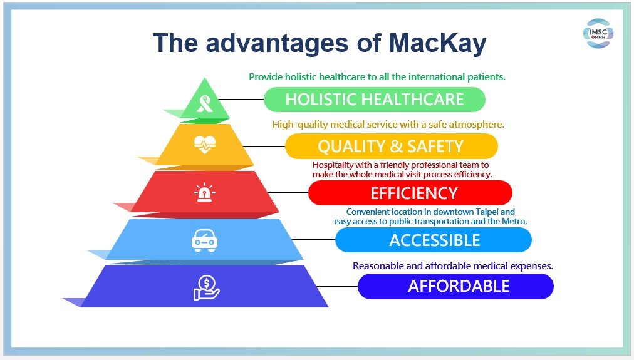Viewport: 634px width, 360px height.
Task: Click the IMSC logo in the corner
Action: coord(598,33)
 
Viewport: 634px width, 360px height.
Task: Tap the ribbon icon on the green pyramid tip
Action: coord(205,104)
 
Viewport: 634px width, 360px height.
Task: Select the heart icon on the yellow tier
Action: coord(205,145)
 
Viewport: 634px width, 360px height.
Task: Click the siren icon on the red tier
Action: coord(205,192)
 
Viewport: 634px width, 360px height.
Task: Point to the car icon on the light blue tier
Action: coord(204,240)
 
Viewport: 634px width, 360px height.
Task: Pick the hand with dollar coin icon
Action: coord(206,287)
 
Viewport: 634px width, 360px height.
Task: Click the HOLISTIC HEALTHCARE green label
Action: coord(375,100)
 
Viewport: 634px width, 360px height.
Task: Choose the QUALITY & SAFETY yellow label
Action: coord(392,147)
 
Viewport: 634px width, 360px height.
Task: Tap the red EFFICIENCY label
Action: coord(410,193)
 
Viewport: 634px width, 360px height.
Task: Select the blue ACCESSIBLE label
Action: coord(434,240)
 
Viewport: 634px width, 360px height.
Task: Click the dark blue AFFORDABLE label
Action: coord(455,287)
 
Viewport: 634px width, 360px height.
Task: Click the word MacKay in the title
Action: coord(437,43)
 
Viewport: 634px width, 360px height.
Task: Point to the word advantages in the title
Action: coord(278,43)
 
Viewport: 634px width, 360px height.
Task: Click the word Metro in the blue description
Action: coord(514,221)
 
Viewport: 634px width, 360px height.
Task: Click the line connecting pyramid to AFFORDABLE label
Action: coord(337,287)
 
